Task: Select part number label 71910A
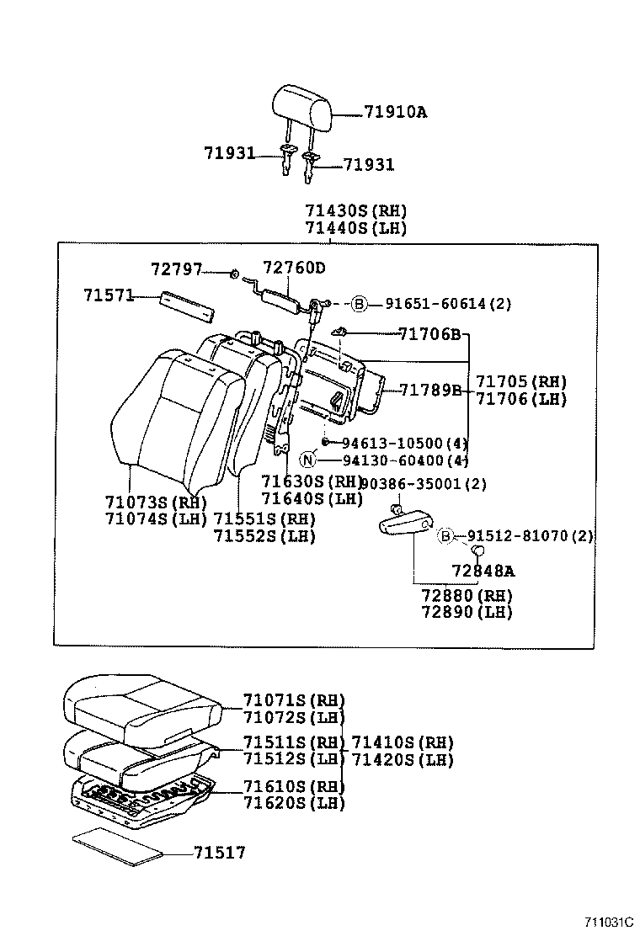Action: tap(395, 111)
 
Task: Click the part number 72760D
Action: tap(293, 268)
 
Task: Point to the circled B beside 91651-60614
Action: tap(360, 304)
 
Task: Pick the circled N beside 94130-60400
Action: tap(308, 460)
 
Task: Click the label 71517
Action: tap(219, 853)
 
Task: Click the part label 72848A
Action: tap(483, 572)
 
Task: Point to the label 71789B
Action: tap(430, 390)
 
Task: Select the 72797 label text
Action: tap(176, 269)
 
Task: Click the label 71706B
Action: tap(429, 335)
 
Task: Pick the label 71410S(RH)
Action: tap(402, 742)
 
